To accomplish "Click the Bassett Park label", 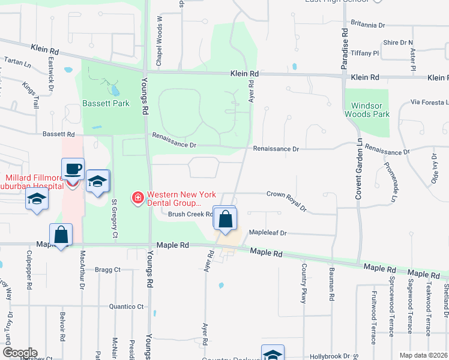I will pyautogui.click(x=106, y=103).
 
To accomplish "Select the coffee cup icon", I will pyautogui.click(x=73, y=169).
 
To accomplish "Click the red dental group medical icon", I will pyautogui.click(x=137, y=197).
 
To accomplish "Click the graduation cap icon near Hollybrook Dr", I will pyautogui.click(x=273, y=355).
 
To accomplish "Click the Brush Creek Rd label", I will pyautogui.click(x=190, y=214).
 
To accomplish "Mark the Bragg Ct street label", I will pyautogui.click(x=108, y=270).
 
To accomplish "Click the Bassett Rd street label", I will pyautogui.click(x=58, y=134).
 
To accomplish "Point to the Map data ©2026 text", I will pyautogui.click(x=423, y=355).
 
